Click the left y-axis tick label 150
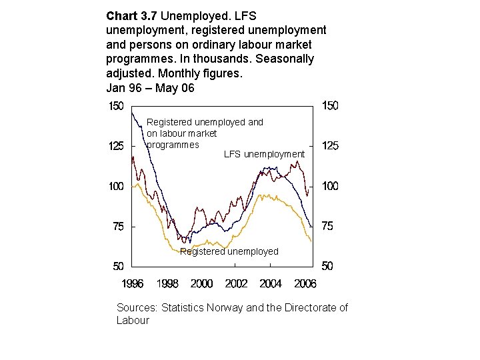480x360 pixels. (x=116, y=105)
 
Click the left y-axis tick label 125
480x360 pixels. (x=116, y=146)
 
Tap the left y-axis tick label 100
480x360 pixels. (x=116, y=186)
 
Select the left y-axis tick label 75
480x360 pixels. (x=118, y=227)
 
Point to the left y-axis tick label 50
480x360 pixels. (x=118, y=267)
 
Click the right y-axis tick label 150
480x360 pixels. (x=330, y=105)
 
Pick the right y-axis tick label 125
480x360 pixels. (x=330, y=146)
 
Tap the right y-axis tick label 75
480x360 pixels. (x=327, y=227)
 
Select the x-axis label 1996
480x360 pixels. (x=132, y=284)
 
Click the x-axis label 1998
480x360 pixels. (x=167, y=284)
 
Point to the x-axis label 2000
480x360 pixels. (x=201, y=284)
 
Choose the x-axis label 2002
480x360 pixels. (x=236, y=284)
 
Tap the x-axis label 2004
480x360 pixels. (x=271, y=284)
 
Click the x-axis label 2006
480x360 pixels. (x=305, y=284)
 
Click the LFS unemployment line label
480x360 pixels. (x=264, y=155)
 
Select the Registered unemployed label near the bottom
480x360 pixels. (x=229, y=251)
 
